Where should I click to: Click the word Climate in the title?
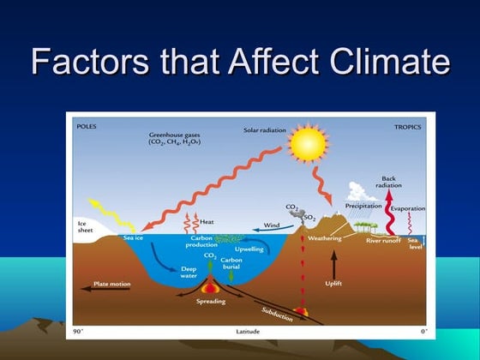click(x=382, y=62)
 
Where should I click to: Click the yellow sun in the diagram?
click(x=308, y=145)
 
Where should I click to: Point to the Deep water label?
click(x=189, y=273)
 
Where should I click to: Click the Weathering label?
click(x=324, y=237)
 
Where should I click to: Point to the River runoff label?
click(x=384, y=241)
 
